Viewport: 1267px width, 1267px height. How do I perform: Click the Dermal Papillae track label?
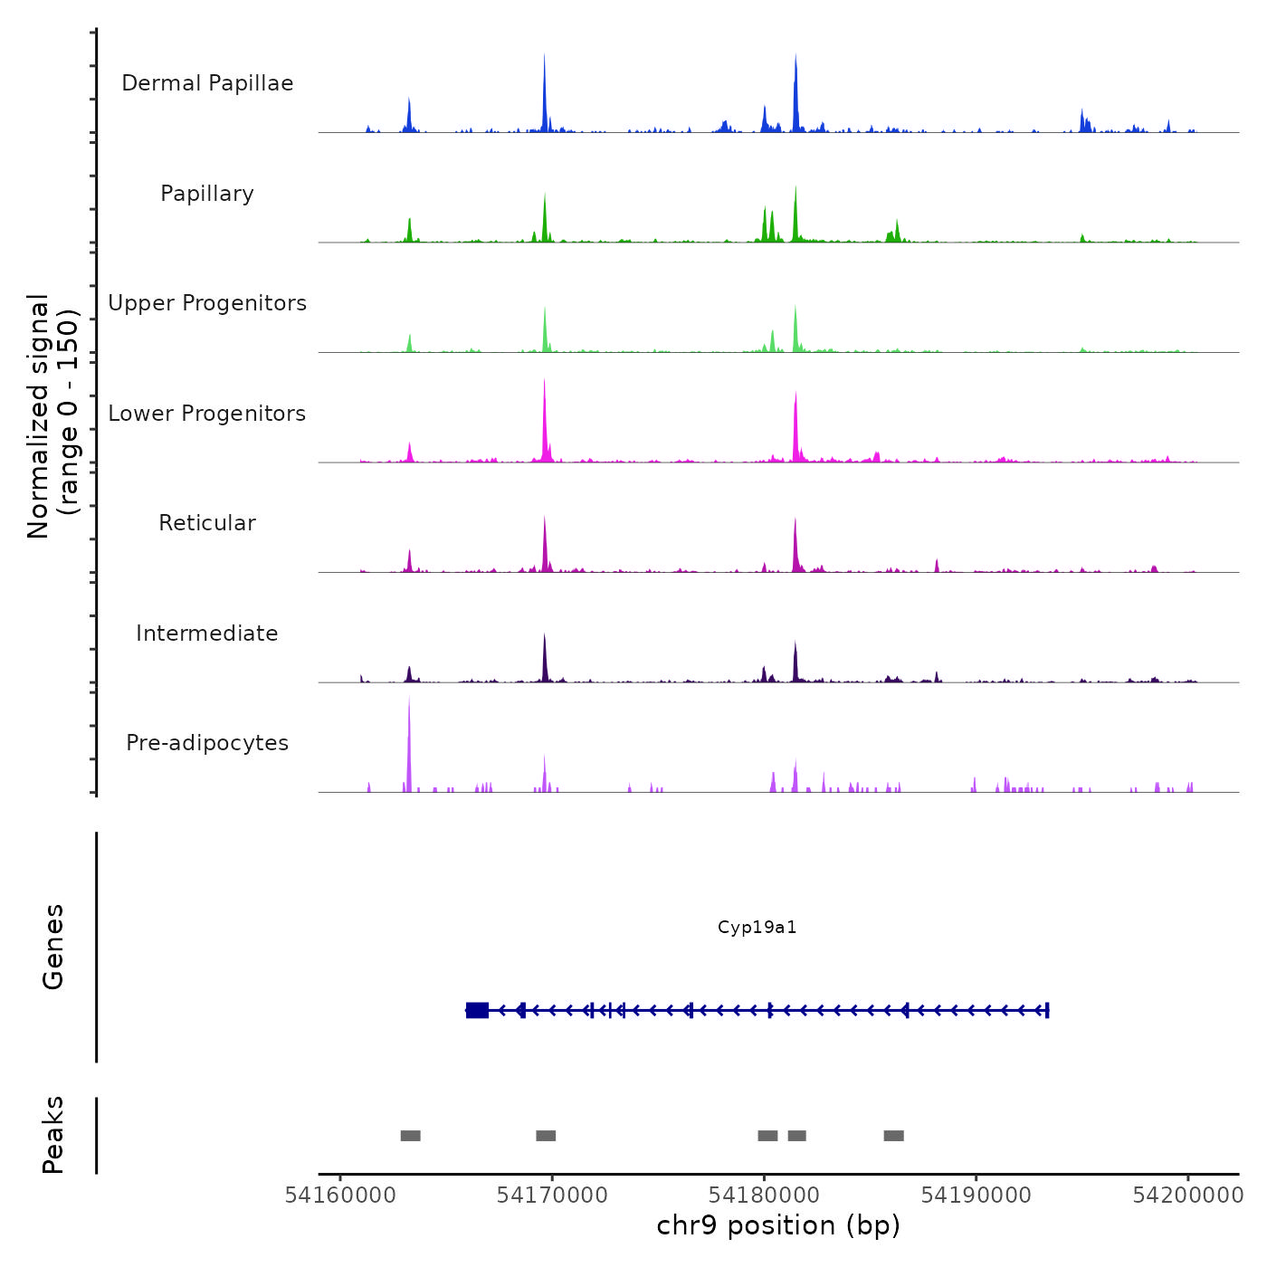(x=207, y=83)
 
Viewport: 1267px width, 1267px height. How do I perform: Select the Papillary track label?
(x=207, y=194)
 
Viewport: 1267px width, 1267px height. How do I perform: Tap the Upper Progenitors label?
(x=207, y=303)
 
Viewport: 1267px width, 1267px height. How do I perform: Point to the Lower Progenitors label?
(x=207, y=414)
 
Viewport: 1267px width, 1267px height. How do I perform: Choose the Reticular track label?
(x=207, y=523)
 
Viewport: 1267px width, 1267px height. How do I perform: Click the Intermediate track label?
(x=207, y=633)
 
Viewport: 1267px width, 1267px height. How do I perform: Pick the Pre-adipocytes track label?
(x=207, y=743)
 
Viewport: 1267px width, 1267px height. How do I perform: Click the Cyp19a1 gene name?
(x=757, y=927)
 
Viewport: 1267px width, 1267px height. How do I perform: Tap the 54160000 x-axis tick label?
(x=340, y=1196)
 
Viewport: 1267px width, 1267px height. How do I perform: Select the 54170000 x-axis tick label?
(x=552, y=1196)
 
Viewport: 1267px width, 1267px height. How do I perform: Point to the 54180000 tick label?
(x=764, y=1196)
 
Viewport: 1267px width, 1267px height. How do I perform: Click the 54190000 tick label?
(x=976, y=1196)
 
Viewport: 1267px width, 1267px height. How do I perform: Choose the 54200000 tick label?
(x=1188, y=1196)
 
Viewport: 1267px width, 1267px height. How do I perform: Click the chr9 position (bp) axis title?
(x=778, y=1225)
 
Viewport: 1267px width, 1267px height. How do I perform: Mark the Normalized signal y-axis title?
(x=52, y=416)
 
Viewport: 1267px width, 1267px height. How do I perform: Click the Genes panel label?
(x=52, y=947)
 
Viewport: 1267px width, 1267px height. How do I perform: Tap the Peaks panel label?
(x=52, y=1135)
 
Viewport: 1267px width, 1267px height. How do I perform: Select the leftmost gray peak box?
(x=411, y=1136)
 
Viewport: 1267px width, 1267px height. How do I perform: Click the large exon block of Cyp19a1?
(x=477, y=1010)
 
